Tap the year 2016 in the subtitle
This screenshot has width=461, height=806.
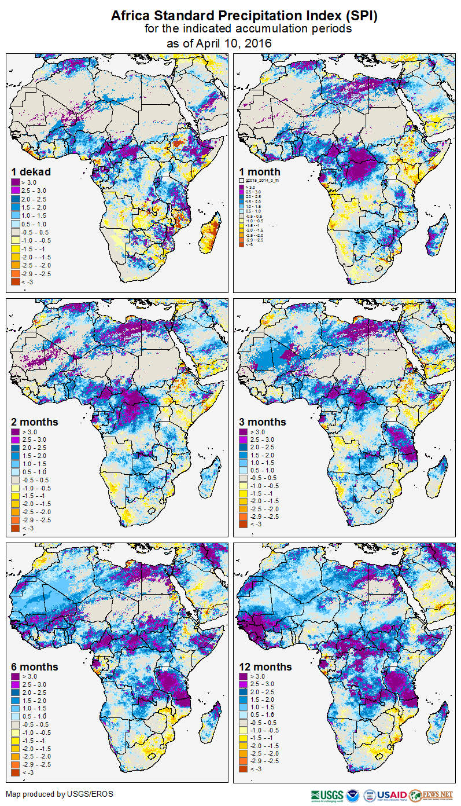point(258,43)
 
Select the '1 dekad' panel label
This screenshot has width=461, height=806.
point(31,171)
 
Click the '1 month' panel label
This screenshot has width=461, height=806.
point(260,171)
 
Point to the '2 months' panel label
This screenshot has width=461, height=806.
point(35,422)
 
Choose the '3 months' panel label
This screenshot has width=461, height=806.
point(263,422)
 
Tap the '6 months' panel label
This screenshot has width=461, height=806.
point(35,667)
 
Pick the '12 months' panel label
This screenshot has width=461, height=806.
point(265,667)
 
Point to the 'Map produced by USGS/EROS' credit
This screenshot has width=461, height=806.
point(60,794)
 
